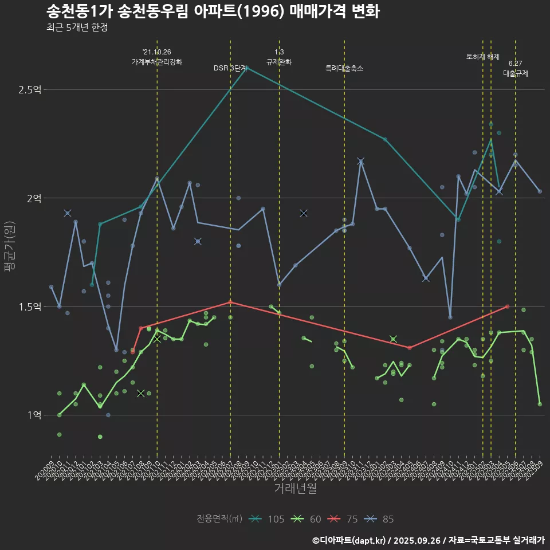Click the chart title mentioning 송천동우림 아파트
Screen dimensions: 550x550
click(212, 11)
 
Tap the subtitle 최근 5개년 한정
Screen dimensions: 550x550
click(77, 27)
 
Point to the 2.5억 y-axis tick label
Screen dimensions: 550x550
click(30, 90)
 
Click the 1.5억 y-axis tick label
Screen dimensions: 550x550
click(30, 307)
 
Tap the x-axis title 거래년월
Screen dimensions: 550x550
click(295, 488)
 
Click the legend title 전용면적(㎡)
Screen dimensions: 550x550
click(219, 519)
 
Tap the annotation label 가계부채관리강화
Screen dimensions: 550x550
click(157, 61)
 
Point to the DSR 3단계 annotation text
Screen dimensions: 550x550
click(230, 68)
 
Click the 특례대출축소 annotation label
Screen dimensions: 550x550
click(344, 68)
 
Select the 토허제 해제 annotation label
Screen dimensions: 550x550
click(483, 57)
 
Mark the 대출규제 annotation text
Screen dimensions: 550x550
click(516, 73)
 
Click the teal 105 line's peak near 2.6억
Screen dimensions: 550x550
click(246, 67)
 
